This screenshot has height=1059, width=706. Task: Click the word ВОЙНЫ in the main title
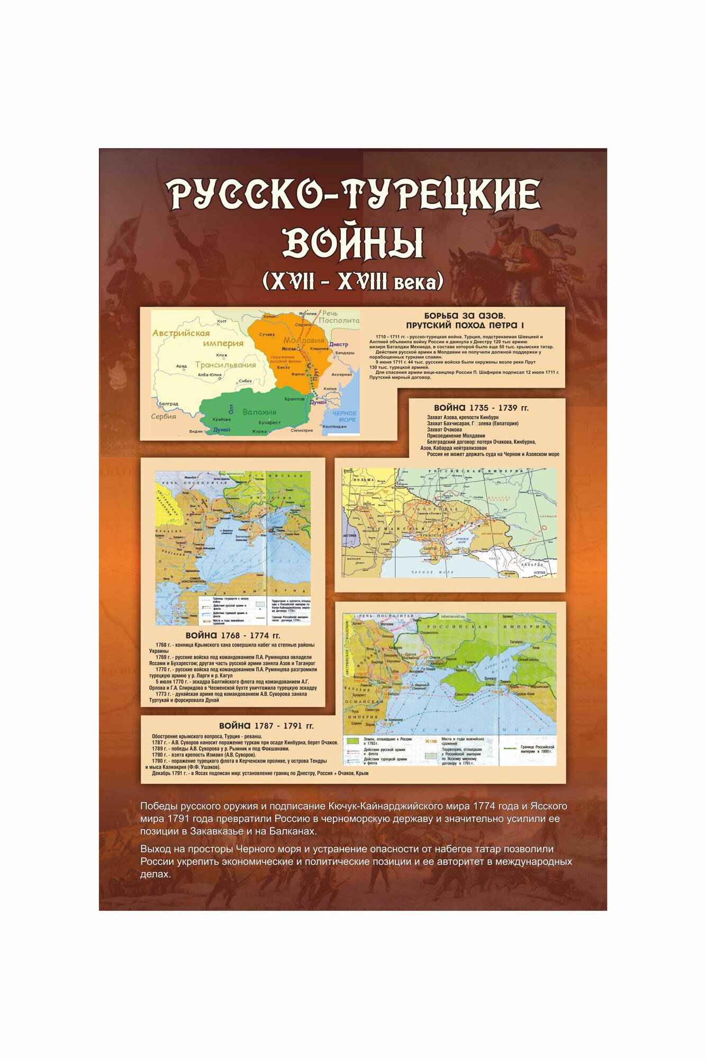(x=353, y=243)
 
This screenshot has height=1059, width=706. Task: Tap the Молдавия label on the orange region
(x=303, y=340)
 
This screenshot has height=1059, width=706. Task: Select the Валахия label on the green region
(x=259, y=412)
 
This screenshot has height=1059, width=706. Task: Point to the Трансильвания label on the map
(x=225, y=365)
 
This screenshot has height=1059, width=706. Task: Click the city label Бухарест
(x=269, y=423)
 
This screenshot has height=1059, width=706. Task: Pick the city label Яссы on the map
(x=288, y=349)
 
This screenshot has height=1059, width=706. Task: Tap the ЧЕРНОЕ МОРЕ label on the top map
(x=345, y=416)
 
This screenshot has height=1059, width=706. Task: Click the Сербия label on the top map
(x=164, y=416)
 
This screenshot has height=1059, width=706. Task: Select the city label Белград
(x=168, y=403)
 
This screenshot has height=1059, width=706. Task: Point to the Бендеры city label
(x=345, y=353)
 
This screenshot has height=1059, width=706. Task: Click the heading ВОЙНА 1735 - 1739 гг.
(x=481, y=408)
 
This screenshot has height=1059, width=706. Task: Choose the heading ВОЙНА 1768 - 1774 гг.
(x=232, y=635)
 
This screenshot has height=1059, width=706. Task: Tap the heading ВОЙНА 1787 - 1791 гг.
(x=266, y=726)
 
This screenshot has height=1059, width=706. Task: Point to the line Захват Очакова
(x=444, y=429)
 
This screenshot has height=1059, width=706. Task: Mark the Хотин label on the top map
(x=269, y=316)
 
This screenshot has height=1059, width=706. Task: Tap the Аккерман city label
(x=341, y=374)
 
